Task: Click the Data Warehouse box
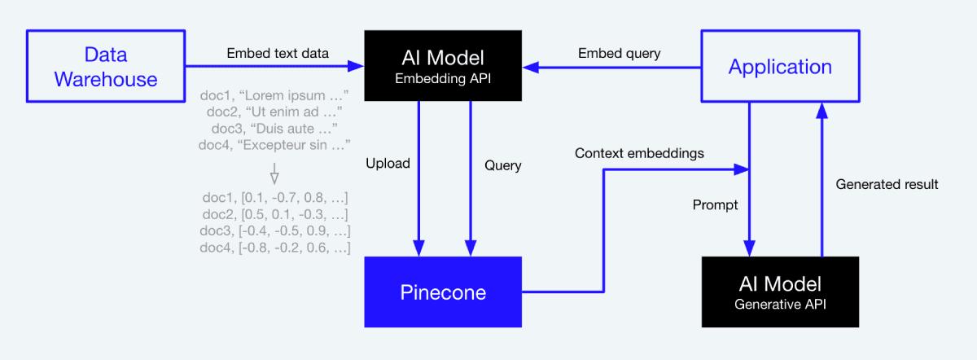(106, 67)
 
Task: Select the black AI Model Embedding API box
(442, 67)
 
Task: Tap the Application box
(780, 67)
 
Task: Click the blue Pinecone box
(442, 292)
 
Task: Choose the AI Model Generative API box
(780, 292)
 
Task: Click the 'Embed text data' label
(278, 54)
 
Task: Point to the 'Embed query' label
(619, 54)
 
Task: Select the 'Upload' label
(388, 164)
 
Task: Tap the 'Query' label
(502, 165)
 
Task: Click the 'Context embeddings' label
(639, 153)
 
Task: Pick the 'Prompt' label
(715, 205)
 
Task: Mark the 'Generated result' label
(887, 185)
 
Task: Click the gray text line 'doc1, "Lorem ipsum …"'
(274, 95)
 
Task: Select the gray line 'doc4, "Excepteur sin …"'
(274, 145)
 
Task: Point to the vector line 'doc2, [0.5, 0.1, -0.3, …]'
(275, 213)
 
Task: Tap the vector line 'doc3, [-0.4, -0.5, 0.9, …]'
(275, 230)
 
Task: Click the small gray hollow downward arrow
(274, 174)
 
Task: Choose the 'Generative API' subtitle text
(780, 305)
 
